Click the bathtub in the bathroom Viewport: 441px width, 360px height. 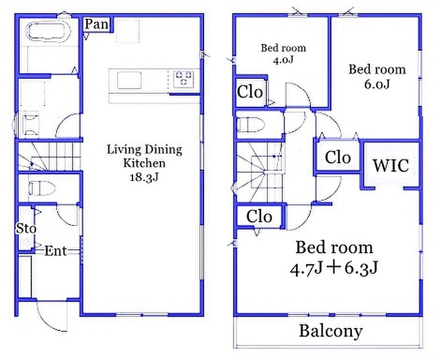(49, 33)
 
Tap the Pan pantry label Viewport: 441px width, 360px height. (97, 24)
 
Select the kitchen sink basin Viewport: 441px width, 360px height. (129, 80)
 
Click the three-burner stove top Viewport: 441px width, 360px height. (184, 78)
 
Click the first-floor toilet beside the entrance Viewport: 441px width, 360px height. (42, 188)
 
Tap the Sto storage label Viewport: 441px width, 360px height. (26, 229)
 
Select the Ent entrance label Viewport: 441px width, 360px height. (55, 251)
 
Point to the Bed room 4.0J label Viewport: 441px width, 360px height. (283, 54)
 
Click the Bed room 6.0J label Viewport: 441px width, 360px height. (377, 77)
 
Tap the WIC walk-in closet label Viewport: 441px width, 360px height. (391, 165)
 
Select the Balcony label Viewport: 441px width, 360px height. (331, 331)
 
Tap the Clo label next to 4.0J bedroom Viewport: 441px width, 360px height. (250, 91)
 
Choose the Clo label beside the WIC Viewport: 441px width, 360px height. (338, 157)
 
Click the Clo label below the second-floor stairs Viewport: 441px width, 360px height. (259, 217)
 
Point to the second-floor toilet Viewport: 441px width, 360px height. (251, 125)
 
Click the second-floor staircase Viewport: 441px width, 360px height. (259, 172)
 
